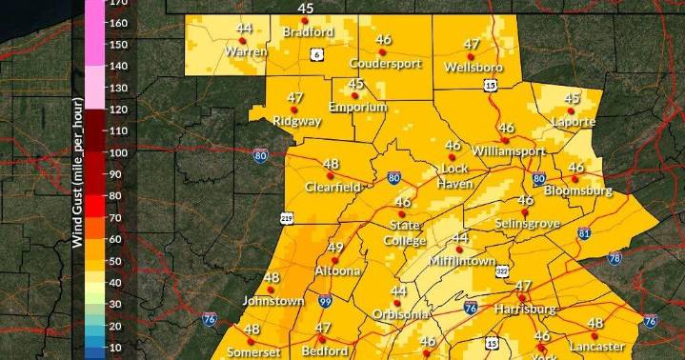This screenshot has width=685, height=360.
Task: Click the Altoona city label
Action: coord(339,270)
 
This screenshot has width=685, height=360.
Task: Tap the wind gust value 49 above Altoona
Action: coord(335,248)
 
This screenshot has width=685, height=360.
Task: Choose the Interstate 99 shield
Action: coord(325,301)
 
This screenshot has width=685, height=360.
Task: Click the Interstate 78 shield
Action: coord(614,258)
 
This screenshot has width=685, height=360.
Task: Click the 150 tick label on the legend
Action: coord(118,45)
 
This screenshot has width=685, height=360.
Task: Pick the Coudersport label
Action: coord(385,64)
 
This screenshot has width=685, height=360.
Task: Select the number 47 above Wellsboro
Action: coord(472,44)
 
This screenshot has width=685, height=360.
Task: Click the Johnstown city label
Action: coord(272,301)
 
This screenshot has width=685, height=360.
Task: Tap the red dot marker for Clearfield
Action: coord(332,176)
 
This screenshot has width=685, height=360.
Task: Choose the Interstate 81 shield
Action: coord(584,233)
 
